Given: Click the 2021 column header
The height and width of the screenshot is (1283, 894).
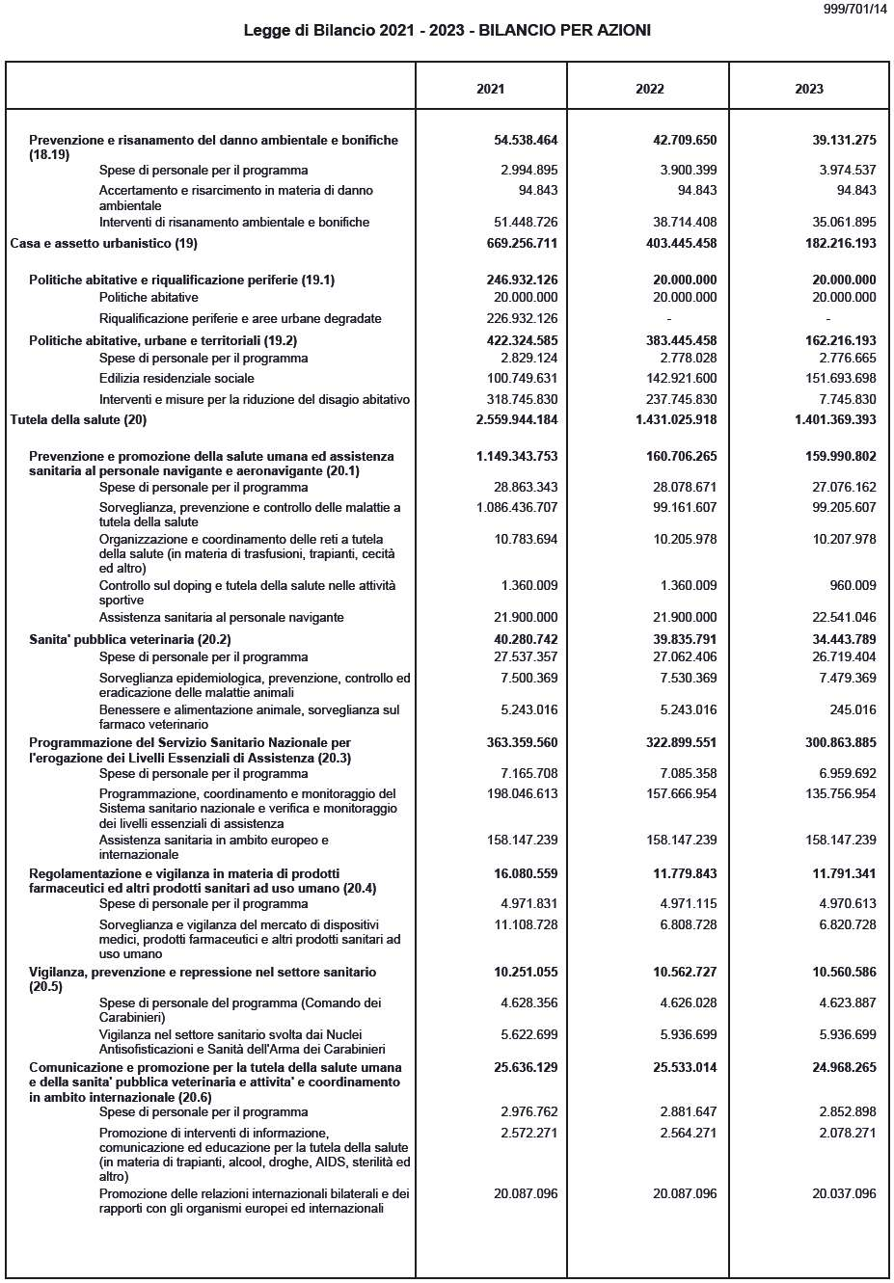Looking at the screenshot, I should pyautogui.click(x=490, y=89).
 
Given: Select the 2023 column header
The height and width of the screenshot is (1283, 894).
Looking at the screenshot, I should pyautogui.click(x=808, y=89).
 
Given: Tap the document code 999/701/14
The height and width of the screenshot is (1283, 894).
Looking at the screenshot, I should pyautogui.click(x=855, y=9).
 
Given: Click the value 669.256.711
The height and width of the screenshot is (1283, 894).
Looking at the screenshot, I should pyautogui.click(x=517, y=243).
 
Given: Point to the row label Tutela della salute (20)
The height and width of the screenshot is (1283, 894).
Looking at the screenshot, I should pyautogui.click(x=78, y=419).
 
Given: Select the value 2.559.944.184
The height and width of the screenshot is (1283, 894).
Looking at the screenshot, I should pyautogui.click(x=517, y=419).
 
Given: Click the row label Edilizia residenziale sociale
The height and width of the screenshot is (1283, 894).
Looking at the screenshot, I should pyautogui.click(x=176, y=378).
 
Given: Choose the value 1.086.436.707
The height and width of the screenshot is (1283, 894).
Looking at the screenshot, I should pyautogui.click(x=517, y=507).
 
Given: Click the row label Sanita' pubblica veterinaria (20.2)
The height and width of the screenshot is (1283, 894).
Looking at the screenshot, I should pyautogui.click(x=129, y=639).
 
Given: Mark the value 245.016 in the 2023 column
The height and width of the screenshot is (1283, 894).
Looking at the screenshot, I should pyautogui.click(x=852, y=709).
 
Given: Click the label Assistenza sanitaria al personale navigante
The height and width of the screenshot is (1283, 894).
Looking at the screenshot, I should pyautogui.click(x=221, y=617).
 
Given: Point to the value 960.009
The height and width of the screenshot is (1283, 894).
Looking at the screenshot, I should pyautogui.click(x=852, y=585).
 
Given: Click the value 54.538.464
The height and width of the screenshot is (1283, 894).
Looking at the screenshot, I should pyautogui.click(x=526, y=140).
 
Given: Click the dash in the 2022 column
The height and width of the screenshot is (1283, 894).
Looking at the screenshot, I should pyautogui.click(x=668, y=318).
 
